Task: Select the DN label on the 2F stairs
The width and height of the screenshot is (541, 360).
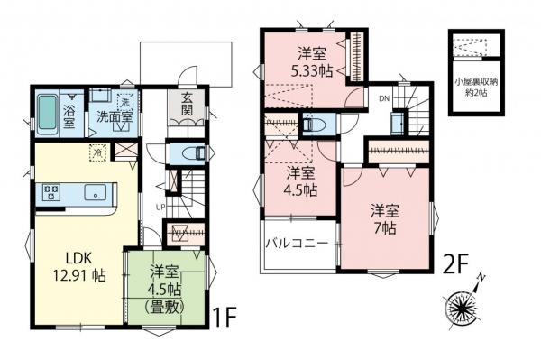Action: pos(383,98)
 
